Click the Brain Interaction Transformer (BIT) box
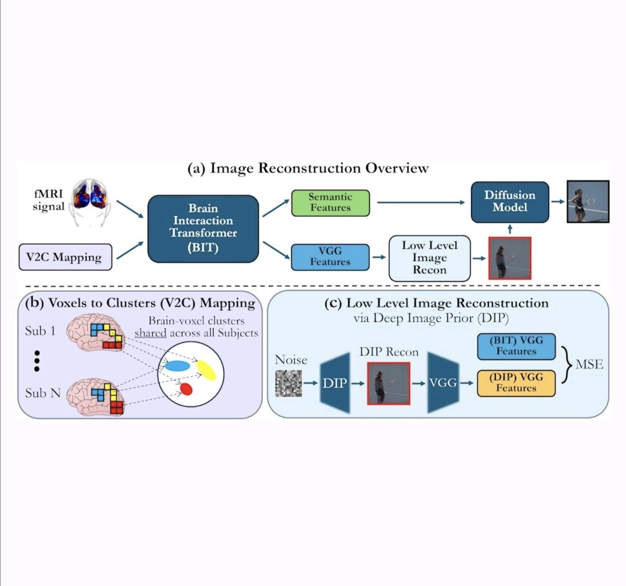tap(203, 228)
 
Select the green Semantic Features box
tap(330, 202)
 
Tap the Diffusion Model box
tap(510, 202)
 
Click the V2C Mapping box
tap(65, 257)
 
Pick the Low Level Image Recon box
tap(430, 258)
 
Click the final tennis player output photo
tap(588, 202)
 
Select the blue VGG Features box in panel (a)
tap(330, 257)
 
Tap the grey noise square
tap(288, 383)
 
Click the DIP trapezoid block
tap(335, 383)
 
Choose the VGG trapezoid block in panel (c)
tap(443, 383)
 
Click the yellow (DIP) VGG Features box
tap(516, 383)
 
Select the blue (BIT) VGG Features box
tap(516, 346)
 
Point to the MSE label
tap(589, 364)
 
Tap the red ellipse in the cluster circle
tap(186, 389)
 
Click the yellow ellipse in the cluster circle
tap(206, 371)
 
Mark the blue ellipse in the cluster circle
tap(177, 366)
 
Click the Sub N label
tap(43, 393)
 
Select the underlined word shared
tap(150, 333)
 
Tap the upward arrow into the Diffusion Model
tap(510, 229)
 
